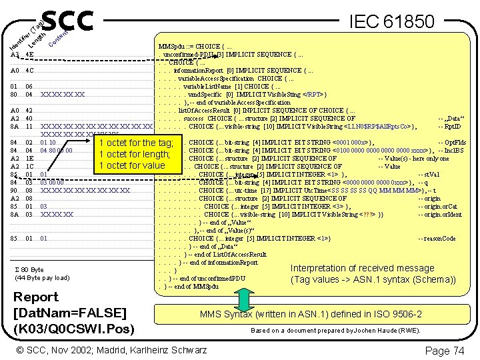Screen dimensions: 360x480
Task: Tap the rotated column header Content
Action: (x=61, y=41)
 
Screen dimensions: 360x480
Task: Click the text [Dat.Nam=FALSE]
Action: (x=69, y=313)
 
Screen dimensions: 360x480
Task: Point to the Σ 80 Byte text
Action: (x=29, y=269)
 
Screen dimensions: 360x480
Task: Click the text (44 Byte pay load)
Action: (x=42, y=277)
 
